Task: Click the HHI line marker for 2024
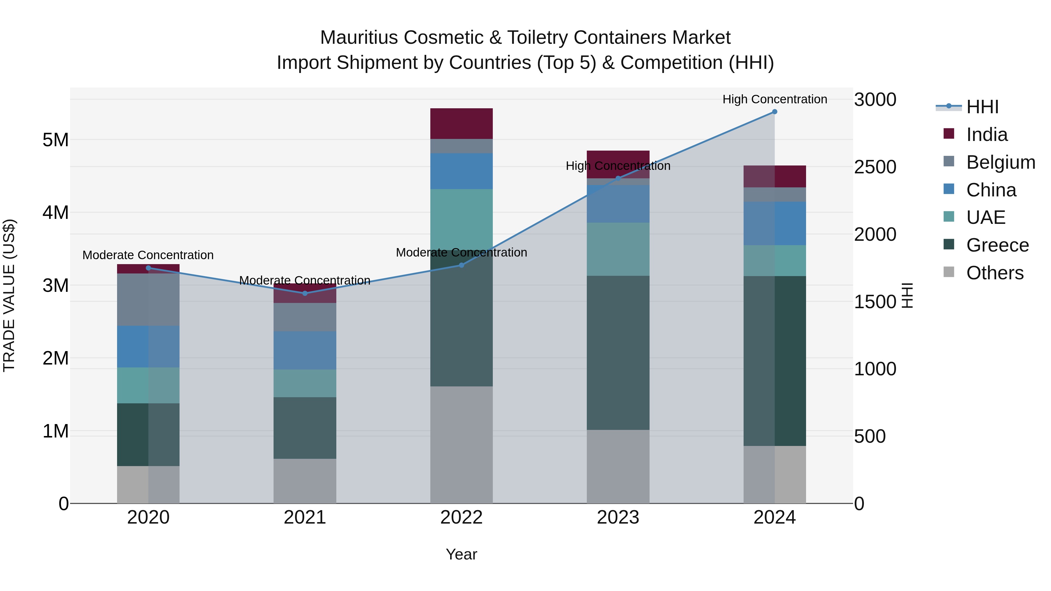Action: [x=774, y=112]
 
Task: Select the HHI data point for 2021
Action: [x=305, y=293]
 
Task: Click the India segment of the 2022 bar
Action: [x=462, y=123]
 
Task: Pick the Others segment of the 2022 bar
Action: [x=462, y=444]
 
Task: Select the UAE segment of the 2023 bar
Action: [x=618, y=249]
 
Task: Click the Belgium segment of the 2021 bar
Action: [x=305, y=317]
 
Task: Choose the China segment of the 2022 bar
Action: [x=462, y=171]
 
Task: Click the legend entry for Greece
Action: [x=997, y=245]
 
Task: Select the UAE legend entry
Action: [x=985, y=217]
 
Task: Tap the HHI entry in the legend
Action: [x=982, y=107]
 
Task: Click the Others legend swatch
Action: [x=949, y=272]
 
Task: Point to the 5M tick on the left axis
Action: [x=55, y=140]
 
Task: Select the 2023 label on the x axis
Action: [x=618, y=517]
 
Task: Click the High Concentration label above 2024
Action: [x=774, y=99]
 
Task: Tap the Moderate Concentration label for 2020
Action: [x=148, y=255]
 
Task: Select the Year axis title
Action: [x=462, y=554]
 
